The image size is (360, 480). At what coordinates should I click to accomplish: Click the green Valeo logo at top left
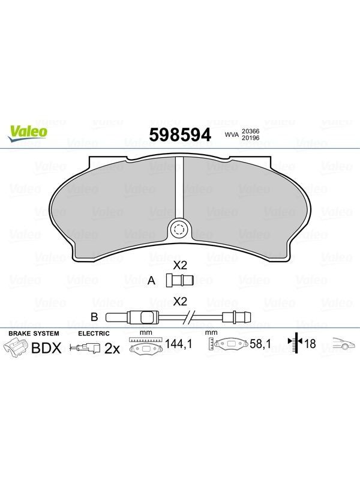[28, 134]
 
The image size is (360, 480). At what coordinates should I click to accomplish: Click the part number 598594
[180, 134]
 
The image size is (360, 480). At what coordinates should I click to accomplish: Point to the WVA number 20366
[251, 131]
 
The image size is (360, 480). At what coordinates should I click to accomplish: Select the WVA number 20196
[251, 138]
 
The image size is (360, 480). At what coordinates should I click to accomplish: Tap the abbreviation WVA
[232, 134]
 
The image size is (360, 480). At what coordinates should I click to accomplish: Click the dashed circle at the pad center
[179, 229]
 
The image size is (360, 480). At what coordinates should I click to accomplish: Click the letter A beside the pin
[151, 280]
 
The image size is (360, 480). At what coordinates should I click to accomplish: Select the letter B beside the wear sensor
[94, 317]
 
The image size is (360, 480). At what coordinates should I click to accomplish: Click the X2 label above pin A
[179, 265]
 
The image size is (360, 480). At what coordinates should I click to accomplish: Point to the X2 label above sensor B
[179, 302]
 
